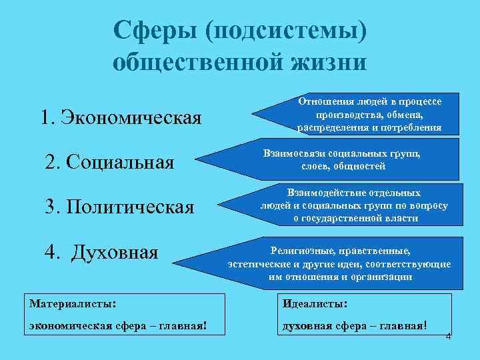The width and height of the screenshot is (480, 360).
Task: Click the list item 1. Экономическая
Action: [x=121, y=118]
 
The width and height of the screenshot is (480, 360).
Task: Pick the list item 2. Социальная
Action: [x=109, y=162]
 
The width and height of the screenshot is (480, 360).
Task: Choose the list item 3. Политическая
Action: [x=119, y=207]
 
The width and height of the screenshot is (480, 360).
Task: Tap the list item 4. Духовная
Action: [x=101, y=253]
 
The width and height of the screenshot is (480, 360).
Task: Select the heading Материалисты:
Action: [x=73, y=303]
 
